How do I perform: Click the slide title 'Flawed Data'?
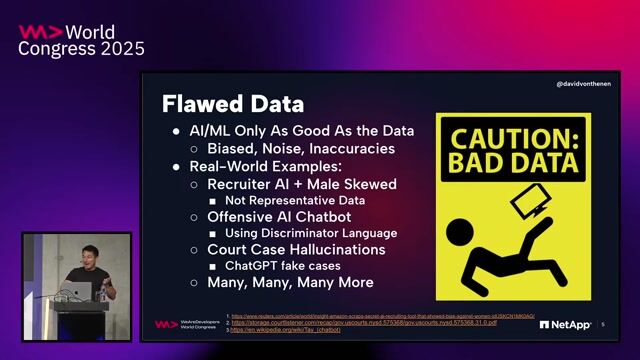233,103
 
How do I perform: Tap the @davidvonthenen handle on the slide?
584,84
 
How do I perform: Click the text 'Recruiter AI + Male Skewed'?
301,184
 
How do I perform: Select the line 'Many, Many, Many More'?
282,283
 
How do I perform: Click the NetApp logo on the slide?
566,324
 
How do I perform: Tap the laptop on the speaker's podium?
79,290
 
